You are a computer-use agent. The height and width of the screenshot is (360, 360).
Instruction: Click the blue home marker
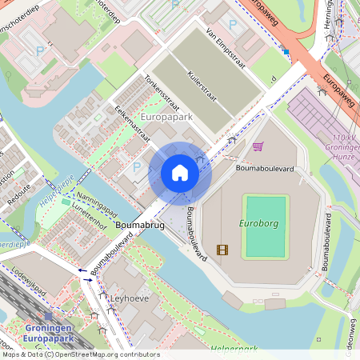pos(180,173)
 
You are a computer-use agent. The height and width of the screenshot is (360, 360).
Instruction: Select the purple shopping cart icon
pos(258,146)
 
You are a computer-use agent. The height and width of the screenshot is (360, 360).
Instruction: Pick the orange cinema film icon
pos(222,250)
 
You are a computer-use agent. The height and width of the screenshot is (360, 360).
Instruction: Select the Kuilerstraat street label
pos(204,87)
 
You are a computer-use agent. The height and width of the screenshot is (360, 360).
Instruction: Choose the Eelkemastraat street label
pos(133,125)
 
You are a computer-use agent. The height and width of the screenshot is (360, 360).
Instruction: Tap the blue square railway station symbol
pos(48,317)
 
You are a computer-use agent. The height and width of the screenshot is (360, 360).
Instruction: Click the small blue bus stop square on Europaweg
pos(286,51)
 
